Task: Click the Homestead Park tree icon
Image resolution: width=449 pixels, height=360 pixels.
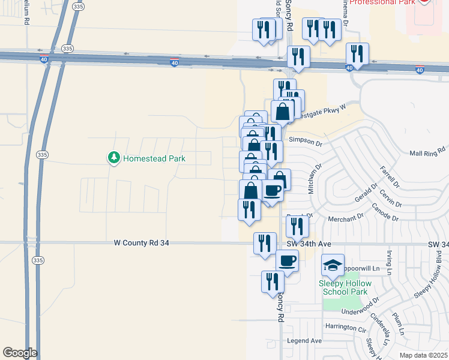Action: [x=113, y=158]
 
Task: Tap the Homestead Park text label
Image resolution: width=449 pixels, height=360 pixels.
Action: [x=154, y=159]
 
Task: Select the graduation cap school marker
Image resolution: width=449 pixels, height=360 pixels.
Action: [x=333, y=265]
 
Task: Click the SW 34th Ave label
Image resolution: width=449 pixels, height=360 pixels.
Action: [x=309, y=244]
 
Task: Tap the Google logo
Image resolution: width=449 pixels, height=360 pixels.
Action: [x=20, y=353]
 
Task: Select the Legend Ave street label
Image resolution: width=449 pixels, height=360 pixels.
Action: [x=304, y=340]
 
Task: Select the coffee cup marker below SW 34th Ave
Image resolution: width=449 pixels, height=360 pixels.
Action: [x=287, y=262]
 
